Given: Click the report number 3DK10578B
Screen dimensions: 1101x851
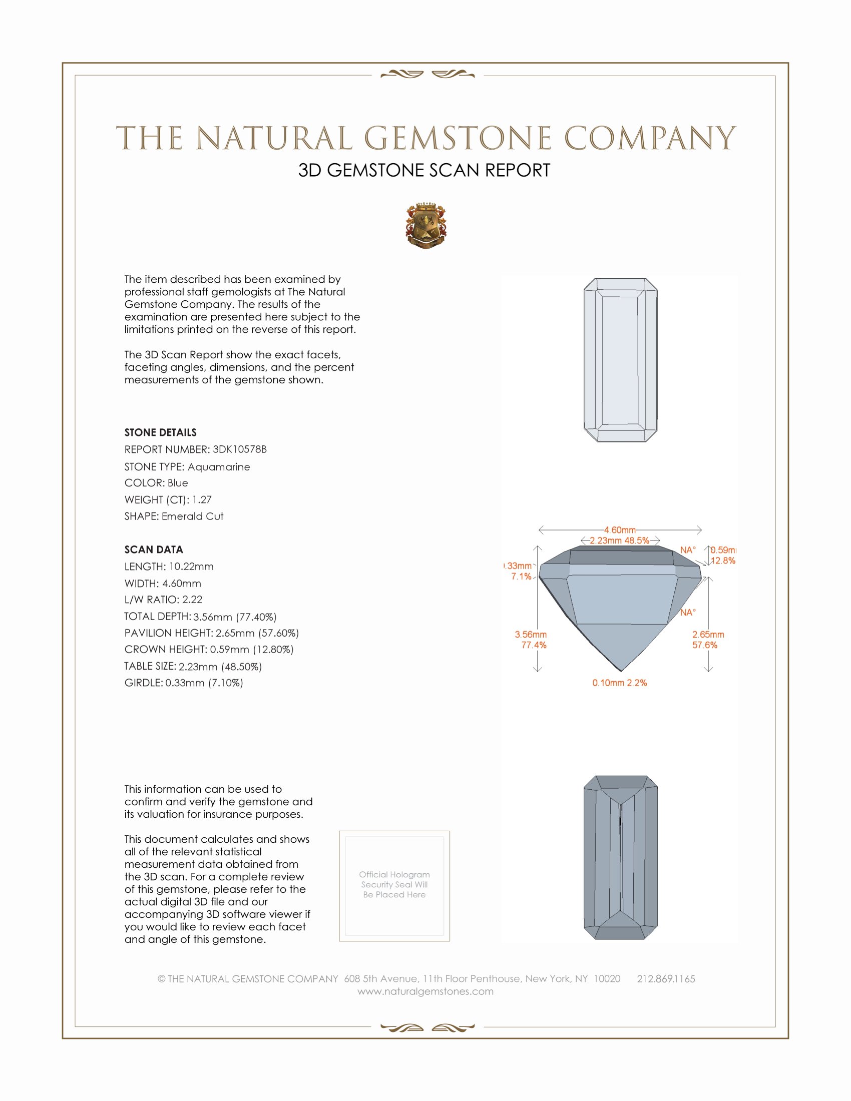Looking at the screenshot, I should click(x=239, y=449).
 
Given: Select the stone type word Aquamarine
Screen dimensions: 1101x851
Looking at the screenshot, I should click(x=219, y=467).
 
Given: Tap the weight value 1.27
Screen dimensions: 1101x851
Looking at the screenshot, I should click(x=202, y=499).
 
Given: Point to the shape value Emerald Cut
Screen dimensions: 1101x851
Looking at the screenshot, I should click(x=192, y=516).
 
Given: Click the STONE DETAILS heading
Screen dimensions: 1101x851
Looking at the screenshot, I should click(x=160, y=432).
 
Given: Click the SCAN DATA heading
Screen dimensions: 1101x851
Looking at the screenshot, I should click(x=154, y=549).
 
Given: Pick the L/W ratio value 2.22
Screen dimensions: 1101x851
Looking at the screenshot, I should click(x=192, y=600).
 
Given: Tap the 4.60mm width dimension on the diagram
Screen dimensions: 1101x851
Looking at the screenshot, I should click(x=620, y=530).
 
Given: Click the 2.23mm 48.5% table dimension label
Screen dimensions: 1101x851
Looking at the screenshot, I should click(x=620, y=540).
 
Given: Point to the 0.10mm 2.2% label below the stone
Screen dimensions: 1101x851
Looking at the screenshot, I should click(x=620, y=683).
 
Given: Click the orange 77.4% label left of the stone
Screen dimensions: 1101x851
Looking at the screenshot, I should click(x=534, y=645).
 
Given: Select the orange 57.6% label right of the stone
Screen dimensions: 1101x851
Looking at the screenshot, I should click(x=704, y=645).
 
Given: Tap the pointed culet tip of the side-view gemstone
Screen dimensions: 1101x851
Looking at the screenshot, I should click(x=621, y=671).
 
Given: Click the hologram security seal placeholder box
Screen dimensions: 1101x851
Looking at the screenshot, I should click(x=394, y=885).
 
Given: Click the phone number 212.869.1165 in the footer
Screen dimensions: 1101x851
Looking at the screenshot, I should click(x=665, y=979).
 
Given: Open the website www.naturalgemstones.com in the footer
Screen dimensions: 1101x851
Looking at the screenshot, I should click(x=425, y=991).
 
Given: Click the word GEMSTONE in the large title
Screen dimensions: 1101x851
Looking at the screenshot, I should click(x=458, y=139).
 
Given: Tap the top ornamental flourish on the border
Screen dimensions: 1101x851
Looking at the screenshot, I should click(x=427, y=75).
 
